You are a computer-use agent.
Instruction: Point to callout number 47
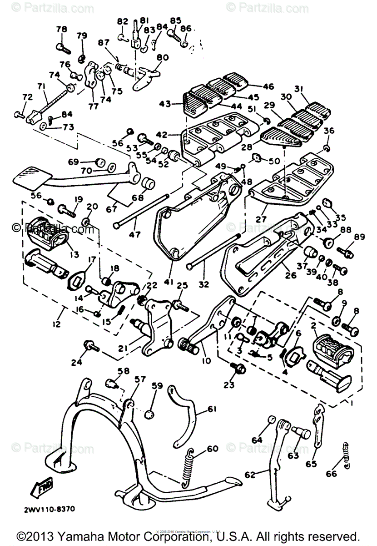point(135,235)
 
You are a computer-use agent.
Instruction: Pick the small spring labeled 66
point(347,455)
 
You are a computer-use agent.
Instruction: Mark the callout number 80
point(162,58)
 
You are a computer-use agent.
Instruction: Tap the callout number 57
point(139,379)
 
